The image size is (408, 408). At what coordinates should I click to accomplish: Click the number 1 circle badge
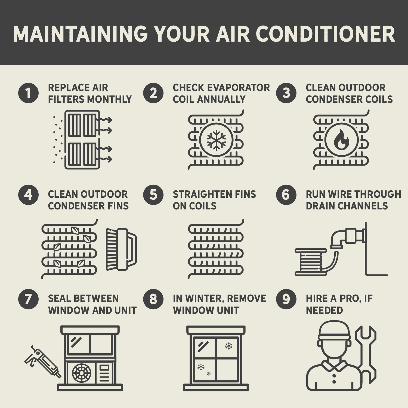28,93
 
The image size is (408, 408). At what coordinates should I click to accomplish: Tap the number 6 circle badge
286,195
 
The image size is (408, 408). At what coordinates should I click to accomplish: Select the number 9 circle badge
286,299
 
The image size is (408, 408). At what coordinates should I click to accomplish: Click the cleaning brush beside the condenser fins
121,249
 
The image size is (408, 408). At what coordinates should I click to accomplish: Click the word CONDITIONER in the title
325,34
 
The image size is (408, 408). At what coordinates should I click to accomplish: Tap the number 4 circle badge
28,195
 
